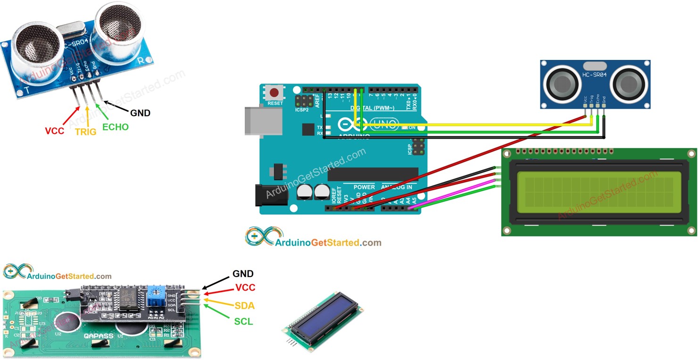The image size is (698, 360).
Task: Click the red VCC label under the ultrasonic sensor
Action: tap(54, 131)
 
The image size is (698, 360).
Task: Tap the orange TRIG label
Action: tap(85, 132)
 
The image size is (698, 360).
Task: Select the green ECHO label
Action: tap(115, 127)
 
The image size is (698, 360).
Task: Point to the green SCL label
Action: tap(243, 322)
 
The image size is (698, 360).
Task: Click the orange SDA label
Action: tap(244, 305)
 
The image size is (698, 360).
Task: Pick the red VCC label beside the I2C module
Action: tap(245, 288)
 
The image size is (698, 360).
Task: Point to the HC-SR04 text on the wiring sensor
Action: tap(597, 75)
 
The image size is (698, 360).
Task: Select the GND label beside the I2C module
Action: tap(243, 274)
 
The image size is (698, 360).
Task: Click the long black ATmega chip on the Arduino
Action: tap(373, 174)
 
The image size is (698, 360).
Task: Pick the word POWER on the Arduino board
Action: tap(364, 187)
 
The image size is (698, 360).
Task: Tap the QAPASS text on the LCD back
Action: tap(99, 336)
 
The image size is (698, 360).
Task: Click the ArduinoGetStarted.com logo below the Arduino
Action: tap(313, 238)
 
